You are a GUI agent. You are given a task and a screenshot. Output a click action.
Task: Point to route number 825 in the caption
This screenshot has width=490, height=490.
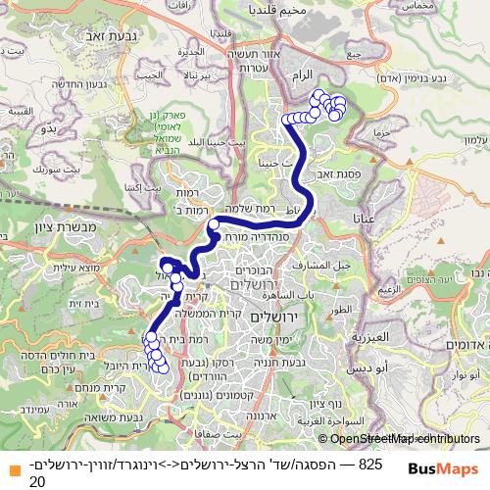pyautogui.click(x=369, y=463)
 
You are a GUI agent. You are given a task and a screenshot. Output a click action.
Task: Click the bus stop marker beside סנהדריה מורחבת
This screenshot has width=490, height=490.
pyautogui.click(x=213, y=225)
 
